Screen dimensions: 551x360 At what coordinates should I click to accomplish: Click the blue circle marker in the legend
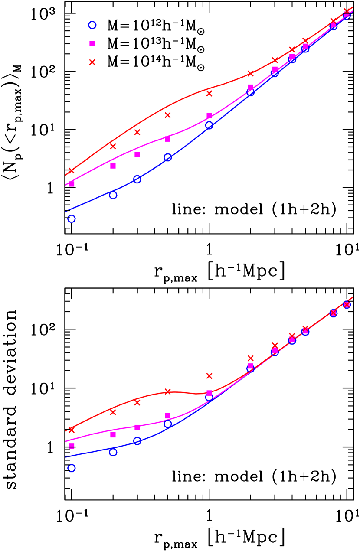[92, 25]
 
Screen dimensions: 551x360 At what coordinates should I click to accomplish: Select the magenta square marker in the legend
[92, 43]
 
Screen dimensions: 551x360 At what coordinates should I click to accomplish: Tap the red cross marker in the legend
[92, 62]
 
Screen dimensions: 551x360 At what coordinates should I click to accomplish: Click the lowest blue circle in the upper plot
[72, 218]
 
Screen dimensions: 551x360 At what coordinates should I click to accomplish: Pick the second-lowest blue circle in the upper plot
[113, 195]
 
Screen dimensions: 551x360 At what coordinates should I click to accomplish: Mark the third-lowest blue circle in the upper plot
[137, 179]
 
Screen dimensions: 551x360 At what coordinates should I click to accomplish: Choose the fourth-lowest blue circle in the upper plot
[168, 157]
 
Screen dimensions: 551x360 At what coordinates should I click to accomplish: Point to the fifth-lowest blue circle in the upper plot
[209, 126]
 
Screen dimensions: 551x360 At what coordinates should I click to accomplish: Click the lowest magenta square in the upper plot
[72, 184]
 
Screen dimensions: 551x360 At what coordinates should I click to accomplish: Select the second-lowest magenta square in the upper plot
[113, 166]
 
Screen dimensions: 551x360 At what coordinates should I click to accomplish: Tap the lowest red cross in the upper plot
[72, 171]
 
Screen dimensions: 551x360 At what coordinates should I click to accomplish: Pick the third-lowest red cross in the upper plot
[137, 132]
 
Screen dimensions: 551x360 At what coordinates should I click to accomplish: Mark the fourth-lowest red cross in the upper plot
[168, 115]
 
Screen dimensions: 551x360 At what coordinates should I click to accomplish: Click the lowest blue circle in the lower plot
[72, 468]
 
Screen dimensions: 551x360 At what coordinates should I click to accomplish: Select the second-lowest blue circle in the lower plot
[113, 452]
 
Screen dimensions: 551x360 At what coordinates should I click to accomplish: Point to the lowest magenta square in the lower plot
[72, 446]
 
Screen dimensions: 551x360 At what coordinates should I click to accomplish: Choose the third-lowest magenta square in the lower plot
[137, 427]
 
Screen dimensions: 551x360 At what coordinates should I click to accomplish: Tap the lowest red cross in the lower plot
[72, 430]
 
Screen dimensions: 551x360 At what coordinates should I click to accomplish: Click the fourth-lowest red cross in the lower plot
[168, 391]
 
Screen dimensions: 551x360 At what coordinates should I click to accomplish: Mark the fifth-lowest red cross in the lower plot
[209, 375]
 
